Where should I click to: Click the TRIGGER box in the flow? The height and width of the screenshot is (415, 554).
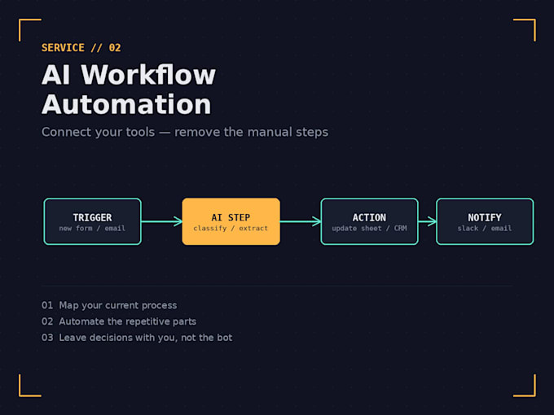pos(93,221)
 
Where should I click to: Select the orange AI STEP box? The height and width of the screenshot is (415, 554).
pos(231,221)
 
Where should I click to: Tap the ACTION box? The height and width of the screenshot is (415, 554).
pos(370,221)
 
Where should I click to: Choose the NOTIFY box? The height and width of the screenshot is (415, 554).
pos(485,221)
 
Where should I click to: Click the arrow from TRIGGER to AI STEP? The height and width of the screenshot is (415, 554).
pos(162,221)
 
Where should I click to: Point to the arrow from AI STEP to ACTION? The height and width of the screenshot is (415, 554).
pos(301,221)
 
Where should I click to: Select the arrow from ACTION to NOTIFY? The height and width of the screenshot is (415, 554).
pos(427,221)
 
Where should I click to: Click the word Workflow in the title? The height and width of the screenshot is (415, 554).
pos(148,75)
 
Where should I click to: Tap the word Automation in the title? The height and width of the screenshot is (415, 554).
pos(126,104)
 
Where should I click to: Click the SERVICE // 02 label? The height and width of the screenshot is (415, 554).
pos(81,48)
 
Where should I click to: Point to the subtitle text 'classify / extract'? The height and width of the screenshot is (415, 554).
pos(231,229)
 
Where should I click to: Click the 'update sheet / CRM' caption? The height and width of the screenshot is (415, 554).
pos(369,229)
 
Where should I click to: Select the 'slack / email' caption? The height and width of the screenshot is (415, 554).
pos(485,229)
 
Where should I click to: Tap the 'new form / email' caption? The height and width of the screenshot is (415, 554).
pos(92,229)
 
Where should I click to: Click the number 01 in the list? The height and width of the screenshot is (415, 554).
pos(47,305)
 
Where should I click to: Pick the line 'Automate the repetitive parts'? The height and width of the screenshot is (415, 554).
pos(128,321)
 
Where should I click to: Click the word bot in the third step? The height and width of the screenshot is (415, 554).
pos(225,338)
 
